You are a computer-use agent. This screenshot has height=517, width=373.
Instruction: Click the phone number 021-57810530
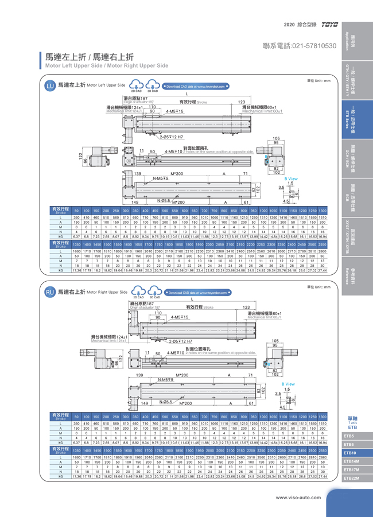[x=299, y=45]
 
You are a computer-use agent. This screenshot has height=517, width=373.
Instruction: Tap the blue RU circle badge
[x=50, y=292]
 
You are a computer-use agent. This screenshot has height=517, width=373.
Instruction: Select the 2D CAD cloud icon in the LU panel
[x=137, y=86]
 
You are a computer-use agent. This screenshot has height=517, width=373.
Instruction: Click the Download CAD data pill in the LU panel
[x=196, y=86]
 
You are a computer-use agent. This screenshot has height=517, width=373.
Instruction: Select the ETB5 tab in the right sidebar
[x=352, y=437]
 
